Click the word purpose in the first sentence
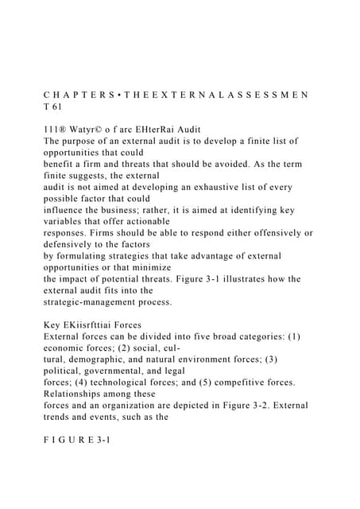84,141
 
